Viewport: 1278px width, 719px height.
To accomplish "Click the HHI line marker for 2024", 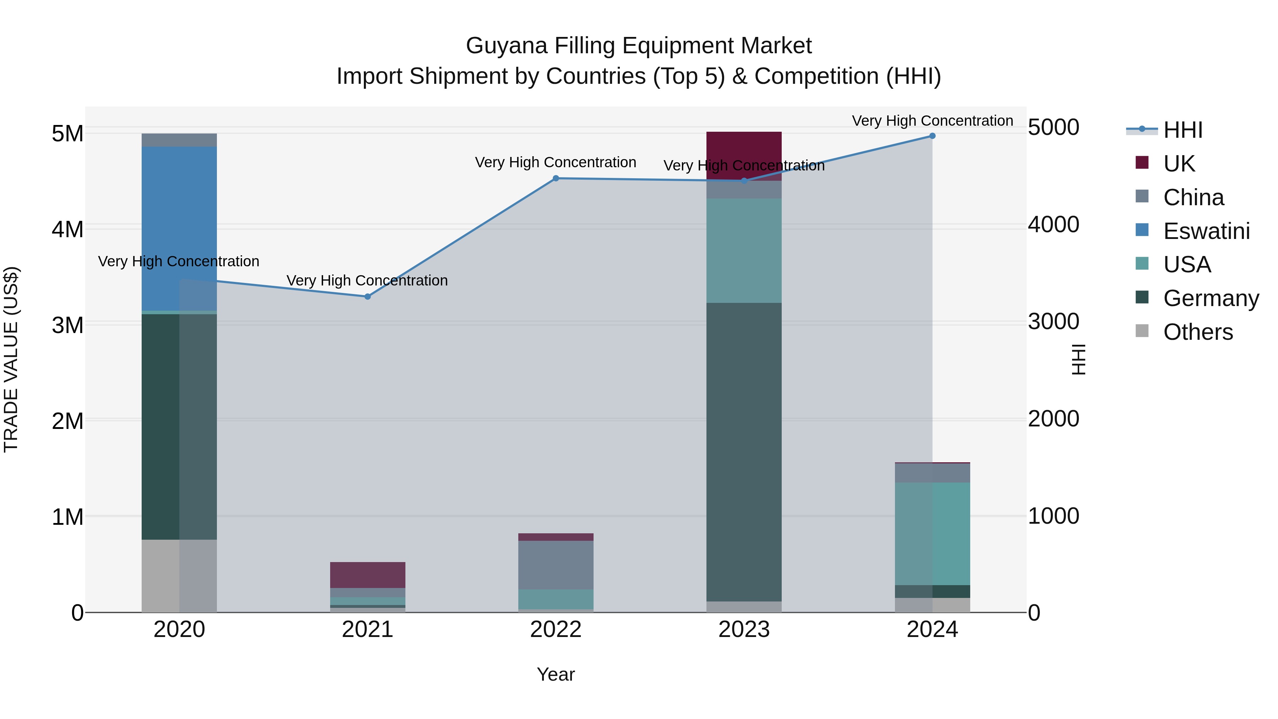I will [x=932, y=136].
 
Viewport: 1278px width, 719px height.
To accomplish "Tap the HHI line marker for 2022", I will [x=556, y=178].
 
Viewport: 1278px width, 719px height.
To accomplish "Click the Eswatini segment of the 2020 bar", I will [x=179, y=228].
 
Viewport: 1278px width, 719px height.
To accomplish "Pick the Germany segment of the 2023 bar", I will [x=744, y=452].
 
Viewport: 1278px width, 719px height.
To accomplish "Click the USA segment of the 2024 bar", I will [x=932, y=533].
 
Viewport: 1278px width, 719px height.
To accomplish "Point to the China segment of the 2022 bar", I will [x=556, y=565].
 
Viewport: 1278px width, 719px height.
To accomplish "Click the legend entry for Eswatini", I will [x=1206, y=231].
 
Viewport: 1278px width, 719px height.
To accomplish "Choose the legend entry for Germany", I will [x=1211, y=298].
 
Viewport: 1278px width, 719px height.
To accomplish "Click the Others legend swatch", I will [x=1142, y=331].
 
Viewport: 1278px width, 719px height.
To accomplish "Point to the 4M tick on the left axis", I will [x=67, y=229].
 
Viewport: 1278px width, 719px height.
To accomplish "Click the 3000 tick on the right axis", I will [x=1053, y=322].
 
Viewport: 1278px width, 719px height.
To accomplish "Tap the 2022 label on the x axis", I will [x=556, y=630].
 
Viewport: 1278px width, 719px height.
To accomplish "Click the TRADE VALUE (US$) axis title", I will [x=11, y=359].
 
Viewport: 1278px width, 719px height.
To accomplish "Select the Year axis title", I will [x=556, y=674].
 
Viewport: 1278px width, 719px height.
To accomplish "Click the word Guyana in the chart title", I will [x=506, y=46].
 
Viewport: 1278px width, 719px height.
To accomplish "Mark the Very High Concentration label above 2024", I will [x=932, y=121].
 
